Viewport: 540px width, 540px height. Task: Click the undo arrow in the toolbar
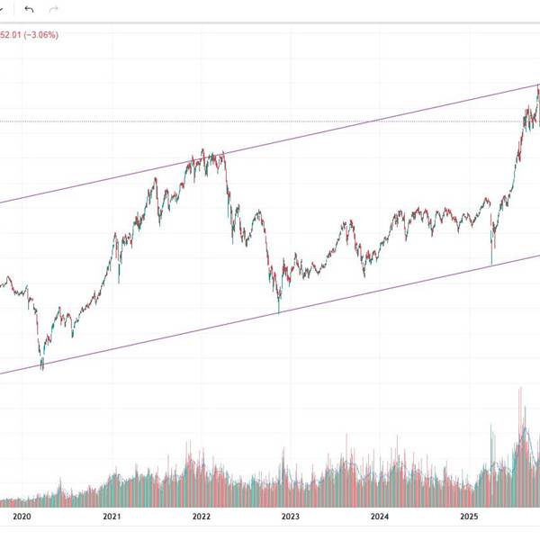pos(29,9)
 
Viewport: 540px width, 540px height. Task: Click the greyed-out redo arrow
pos(53,9)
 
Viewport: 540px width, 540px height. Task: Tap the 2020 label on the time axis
pos(22,517)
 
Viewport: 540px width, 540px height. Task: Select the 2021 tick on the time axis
pos(112,517)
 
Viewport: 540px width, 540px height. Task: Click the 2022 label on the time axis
pos(201,517)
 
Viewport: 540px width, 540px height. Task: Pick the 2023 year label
pos(290,517)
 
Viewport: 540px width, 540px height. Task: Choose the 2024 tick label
pos(379,517)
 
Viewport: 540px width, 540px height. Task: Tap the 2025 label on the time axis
pos(468,517)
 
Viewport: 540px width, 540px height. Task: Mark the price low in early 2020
pos(42,367)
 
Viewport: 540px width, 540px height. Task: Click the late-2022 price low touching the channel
pos(279,311)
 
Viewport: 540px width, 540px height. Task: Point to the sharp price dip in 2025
pos(491,263)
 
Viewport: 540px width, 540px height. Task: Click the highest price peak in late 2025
pos(538,86)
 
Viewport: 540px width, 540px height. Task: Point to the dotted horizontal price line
pos(270,121)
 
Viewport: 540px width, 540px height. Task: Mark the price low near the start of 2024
pos(364,274)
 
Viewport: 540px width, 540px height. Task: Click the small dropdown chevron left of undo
pos(4,9)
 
